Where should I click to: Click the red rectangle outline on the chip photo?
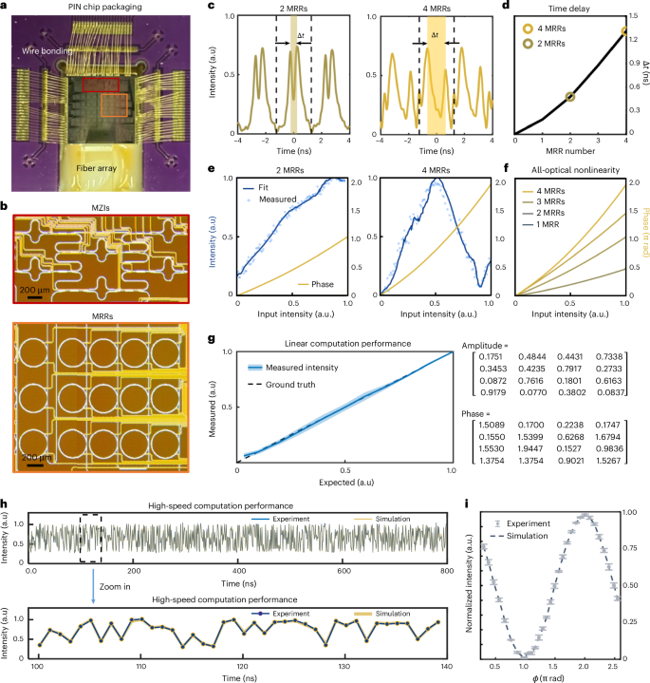pyautogui.click(x=102, y=85)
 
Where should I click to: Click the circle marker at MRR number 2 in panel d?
pyautogui.click(x=570, y=96)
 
